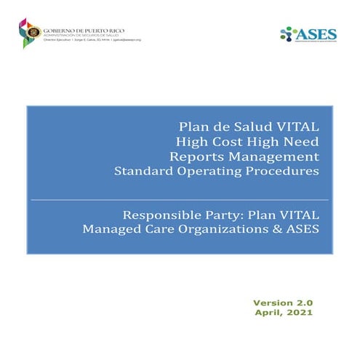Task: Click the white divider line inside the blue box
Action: pyautogui.click(x=179, y=199)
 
